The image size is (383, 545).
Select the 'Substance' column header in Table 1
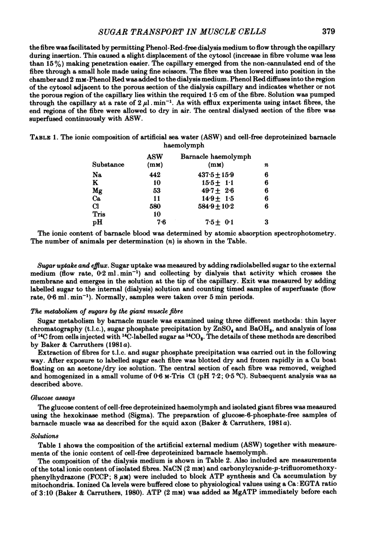coord(109,165)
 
